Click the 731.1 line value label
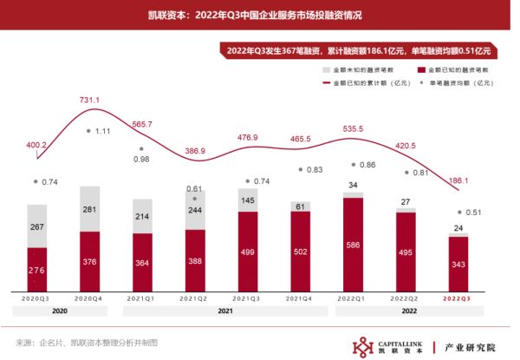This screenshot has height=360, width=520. [x=90, y=101]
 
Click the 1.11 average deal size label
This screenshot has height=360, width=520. [x=102, y=131]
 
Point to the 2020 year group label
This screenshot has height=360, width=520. [x=60, y=311]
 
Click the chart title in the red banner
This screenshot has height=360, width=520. [x=259, y=15]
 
